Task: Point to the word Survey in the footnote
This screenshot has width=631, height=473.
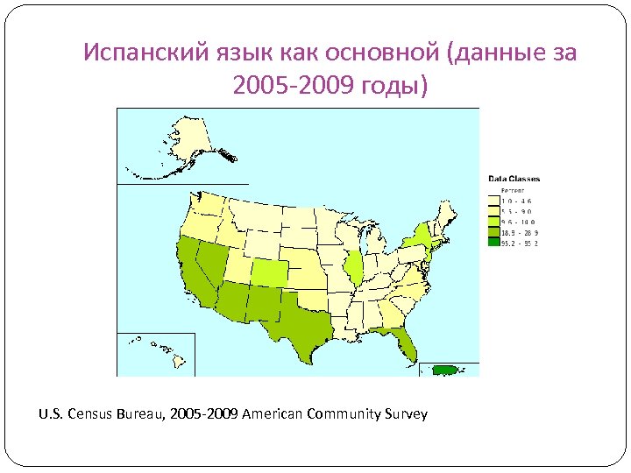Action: coord(405,413)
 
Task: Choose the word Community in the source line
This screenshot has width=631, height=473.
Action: coord(343,413)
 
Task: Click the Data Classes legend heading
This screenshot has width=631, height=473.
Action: coord(514,179)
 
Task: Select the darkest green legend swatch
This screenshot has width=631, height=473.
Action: coord(493,244)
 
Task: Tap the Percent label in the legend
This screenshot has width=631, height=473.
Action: coord(512,189)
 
